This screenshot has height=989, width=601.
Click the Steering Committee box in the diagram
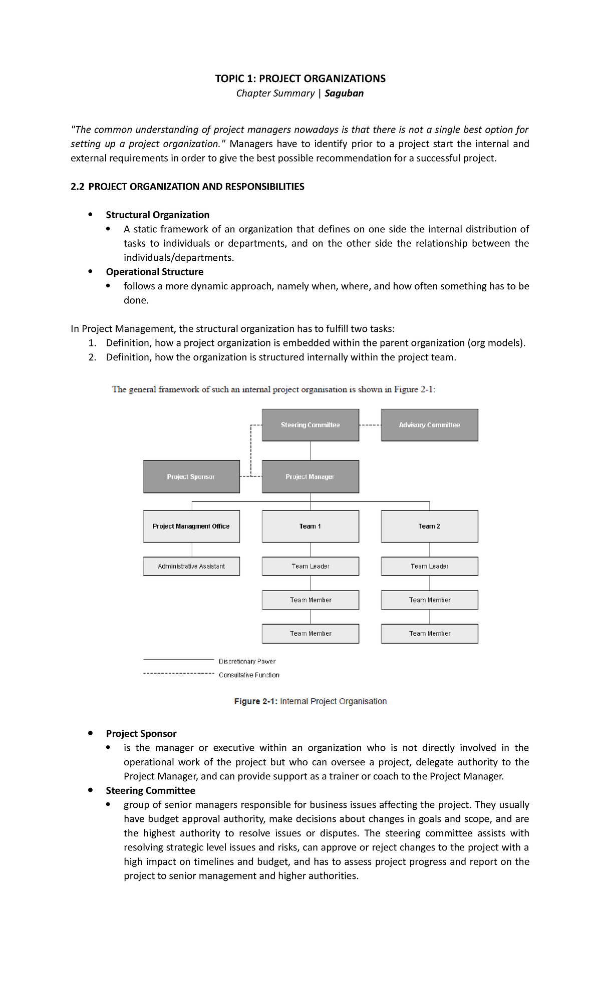coord(310,425)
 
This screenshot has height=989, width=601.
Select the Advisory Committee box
coord(429,425)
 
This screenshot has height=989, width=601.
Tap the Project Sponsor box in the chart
coord(191,476)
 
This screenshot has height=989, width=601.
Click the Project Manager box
coord(310,476)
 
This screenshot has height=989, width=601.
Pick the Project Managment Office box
coord(191,526)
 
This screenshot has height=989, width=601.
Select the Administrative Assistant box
coord(191,566)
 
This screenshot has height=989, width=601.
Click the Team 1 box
coord(310,526)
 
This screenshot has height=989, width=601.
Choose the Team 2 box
coord(429,526)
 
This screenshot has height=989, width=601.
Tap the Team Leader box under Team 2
coord(429,566)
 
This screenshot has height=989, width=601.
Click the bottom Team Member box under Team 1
coord(310,633)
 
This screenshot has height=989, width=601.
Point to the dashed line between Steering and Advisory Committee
coord(370,425)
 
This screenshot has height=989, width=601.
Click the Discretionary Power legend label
coord(247,661)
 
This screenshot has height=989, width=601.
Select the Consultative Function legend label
coord(249,675)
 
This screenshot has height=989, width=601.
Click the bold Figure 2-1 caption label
coord(255,701)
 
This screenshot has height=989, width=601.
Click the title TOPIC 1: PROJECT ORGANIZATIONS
coord(300,79)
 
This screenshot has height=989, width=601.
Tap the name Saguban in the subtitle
coord(344,93)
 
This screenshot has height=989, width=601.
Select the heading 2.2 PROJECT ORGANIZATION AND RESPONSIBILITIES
coord(187,187)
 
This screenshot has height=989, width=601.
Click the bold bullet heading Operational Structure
coord(154,272)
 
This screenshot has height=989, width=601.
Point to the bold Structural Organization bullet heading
coord(157,215)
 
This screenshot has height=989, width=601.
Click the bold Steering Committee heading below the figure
coord(150,790)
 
